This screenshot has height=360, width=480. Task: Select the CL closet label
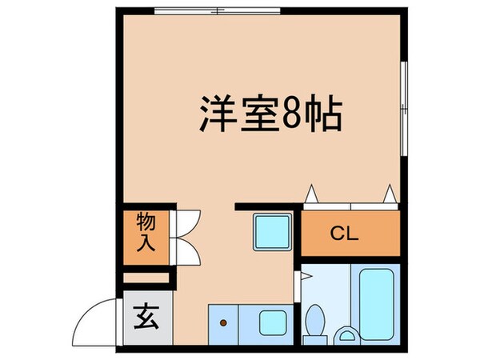[x=345, y=236]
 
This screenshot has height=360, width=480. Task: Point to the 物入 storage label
[x=145, y=233]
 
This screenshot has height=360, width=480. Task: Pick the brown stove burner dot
[x=224, y=323]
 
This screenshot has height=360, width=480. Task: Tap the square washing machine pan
[x=272, y=231]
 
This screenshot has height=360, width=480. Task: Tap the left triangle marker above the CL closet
[x=310, y=194]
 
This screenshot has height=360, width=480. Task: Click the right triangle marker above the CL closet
[x=390, y=194]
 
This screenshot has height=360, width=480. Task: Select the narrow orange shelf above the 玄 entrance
[x=147, y=278]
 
